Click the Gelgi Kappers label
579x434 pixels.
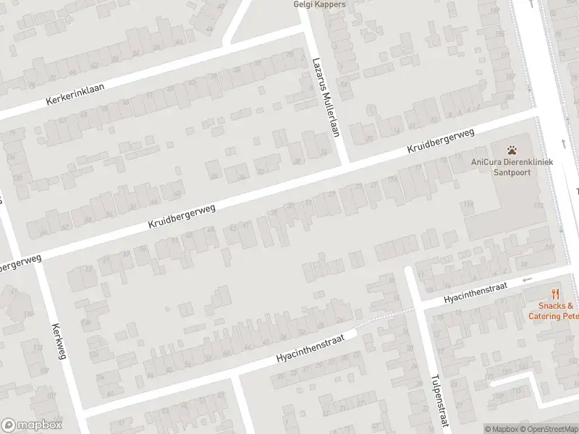click(319, 4)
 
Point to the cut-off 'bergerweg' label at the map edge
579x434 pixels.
click(20, 262)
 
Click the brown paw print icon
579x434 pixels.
click(512, 150)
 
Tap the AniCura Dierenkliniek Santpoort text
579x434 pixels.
click(512, 167)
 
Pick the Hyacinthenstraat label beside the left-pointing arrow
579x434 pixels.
click(475, 292)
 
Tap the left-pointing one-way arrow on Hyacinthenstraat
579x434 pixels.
click(527, 280)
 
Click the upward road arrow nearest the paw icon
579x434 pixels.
click(563, 142)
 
